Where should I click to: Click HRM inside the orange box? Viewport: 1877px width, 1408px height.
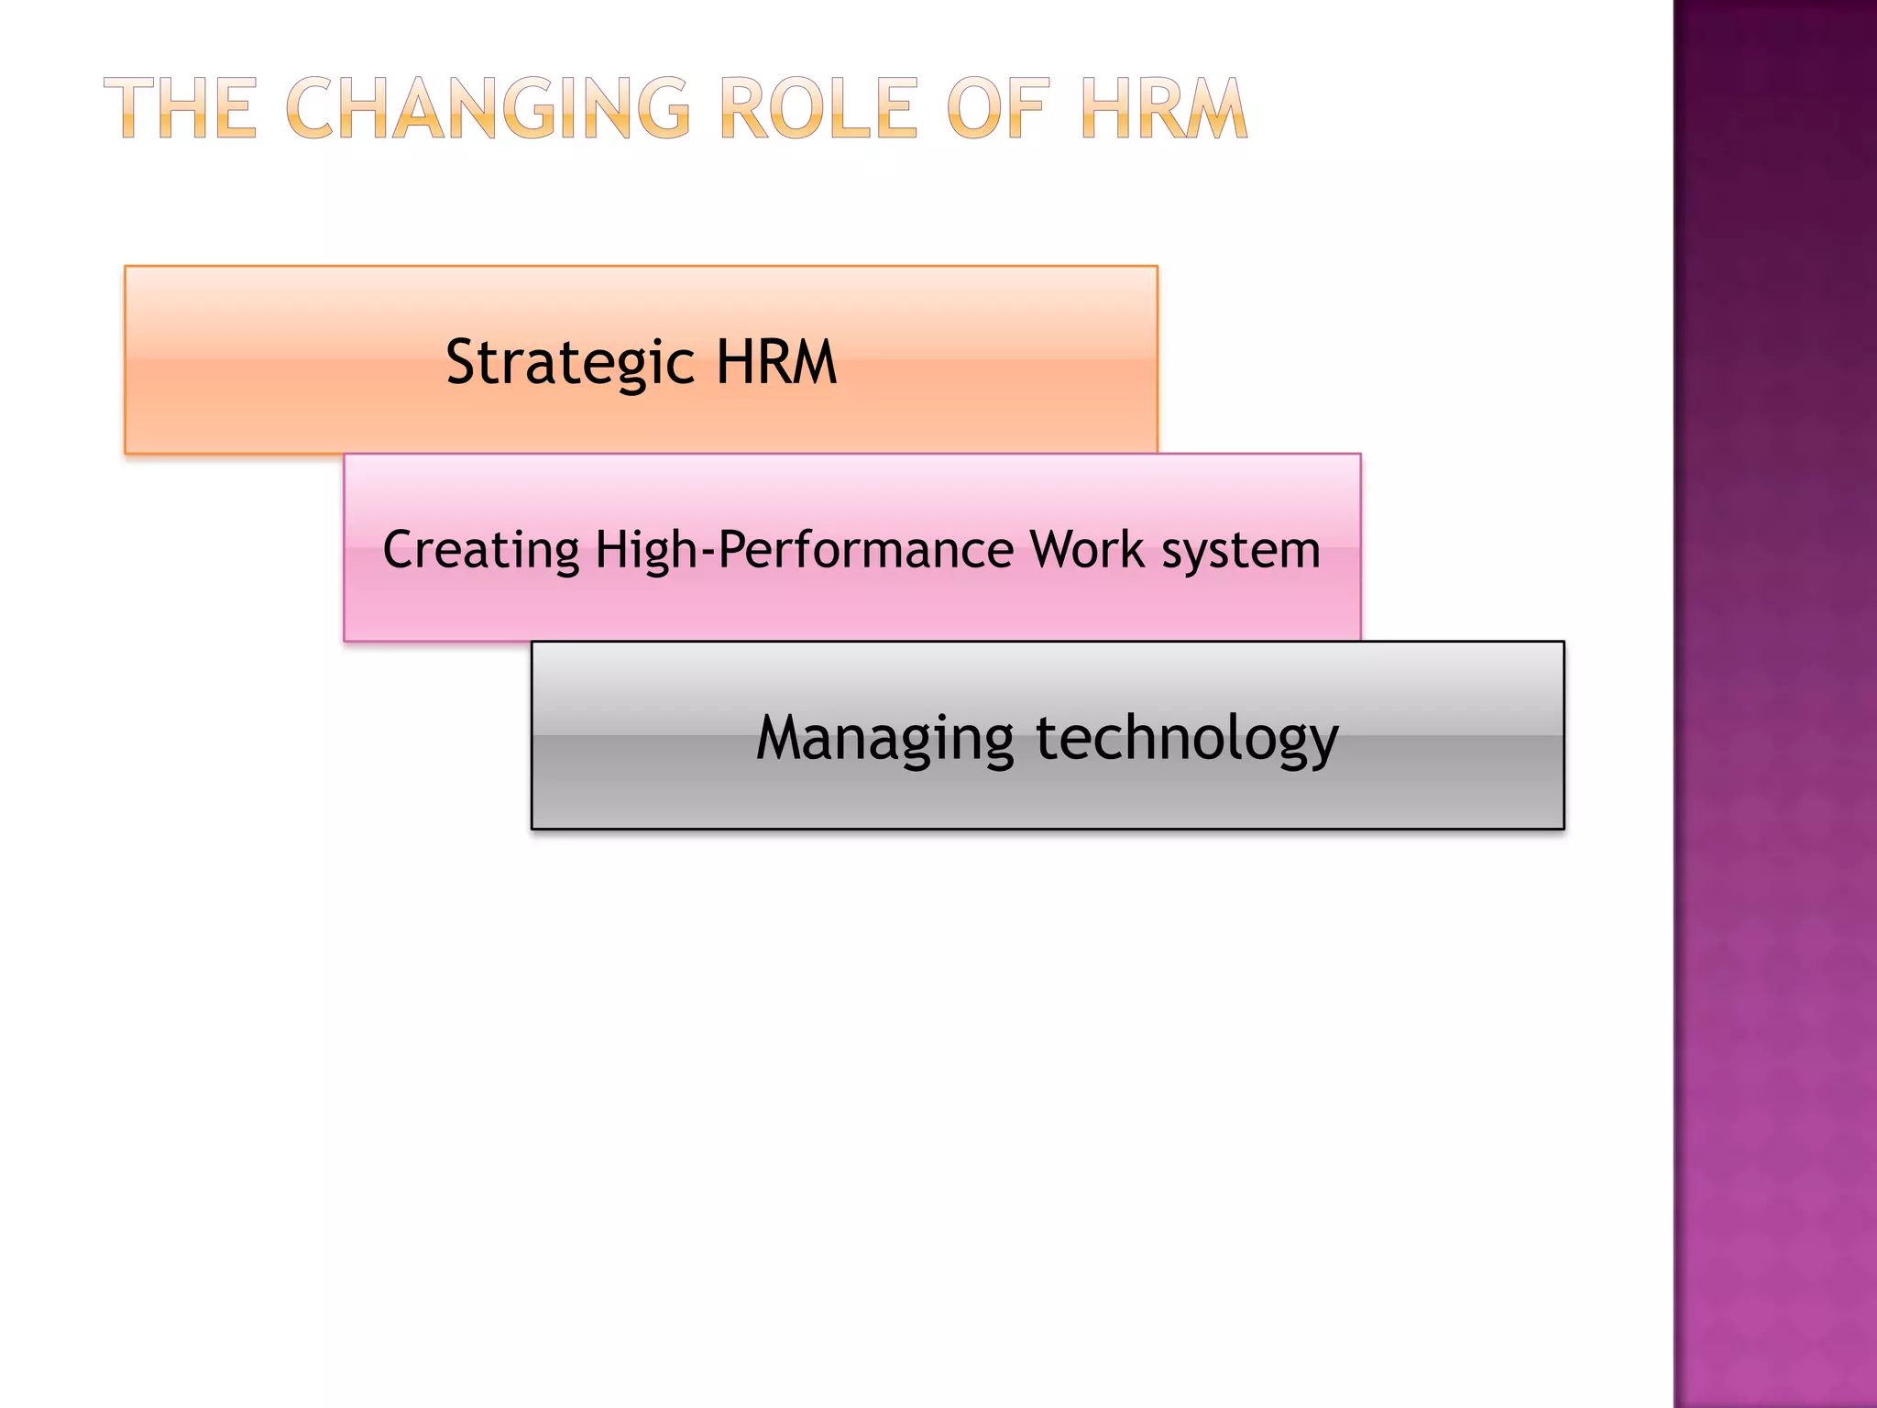[x=776, y=361]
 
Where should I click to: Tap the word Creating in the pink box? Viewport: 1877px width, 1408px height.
[x=480, y=551]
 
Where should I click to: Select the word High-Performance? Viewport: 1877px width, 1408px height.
[x=804, y=551]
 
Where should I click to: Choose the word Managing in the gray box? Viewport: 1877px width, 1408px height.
[x=884, y=739]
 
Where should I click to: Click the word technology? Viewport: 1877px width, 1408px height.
[x=1187, y=739]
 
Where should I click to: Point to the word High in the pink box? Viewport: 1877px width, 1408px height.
[x=646, y=551]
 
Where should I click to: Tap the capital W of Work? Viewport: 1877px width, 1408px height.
[x=1054, y=549]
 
